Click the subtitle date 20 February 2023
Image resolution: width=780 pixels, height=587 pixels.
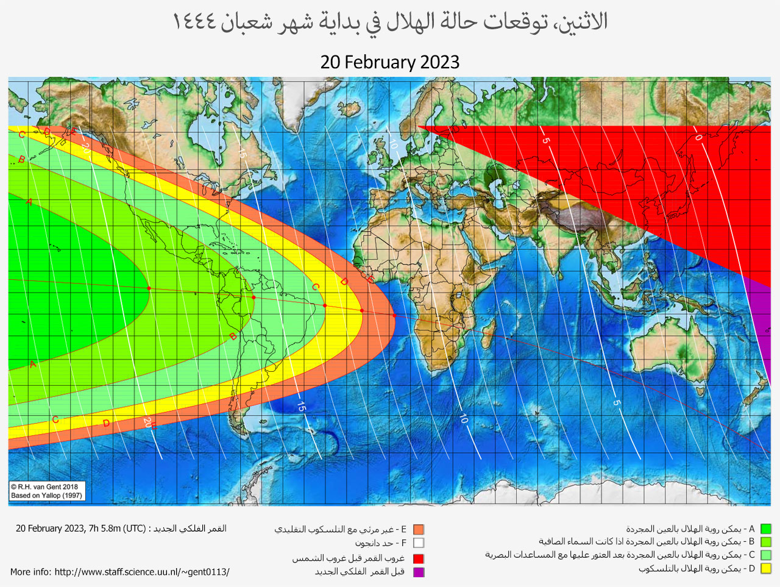[x=389, y=62]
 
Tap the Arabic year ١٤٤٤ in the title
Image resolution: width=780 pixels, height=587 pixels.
[x=194, y=22]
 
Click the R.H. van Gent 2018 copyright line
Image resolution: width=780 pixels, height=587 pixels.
[x=44, y=486]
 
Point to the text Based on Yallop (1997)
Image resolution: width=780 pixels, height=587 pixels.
[x=46, y=496]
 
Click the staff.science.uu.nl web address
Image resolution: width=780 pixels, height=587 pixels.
[x=142, y=572]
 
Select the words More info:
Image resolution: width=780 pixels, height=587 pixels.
[x=30, y=572]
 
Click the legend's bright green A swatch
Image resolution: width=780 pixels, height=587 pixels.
[x=765, y=529]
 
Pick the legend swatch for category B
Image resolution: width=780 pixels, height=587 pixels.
[x=765, y=542]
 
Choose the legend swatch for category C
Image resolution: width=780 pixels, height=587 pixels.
[x=765, y=555]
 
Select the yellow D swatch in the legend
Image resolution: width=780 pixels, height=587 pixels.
[x=765, y=569]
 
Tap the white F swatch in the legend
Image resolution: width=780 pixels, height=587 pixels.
[x=418, y=543]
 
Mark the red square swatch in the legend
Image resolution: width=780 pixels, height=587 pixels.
[x=418, y=558]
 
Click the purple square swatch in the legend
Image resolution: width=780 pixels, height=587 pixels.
[x=418, y=572]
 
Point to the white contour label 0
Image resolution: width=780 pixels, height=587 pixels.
[x=698, y=137]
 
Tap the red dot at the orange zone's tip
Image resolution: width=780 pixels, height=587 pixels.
[x=394, y=316]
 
